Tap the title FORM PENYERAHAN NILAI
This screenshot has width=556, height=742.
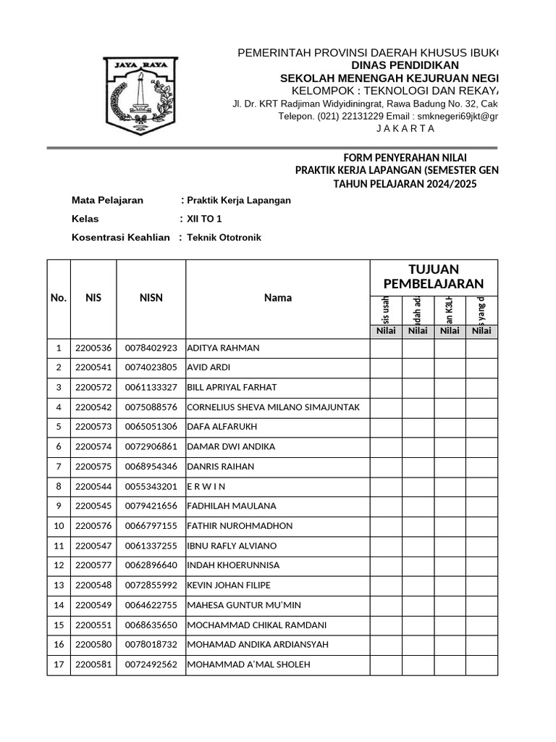coord(405,157)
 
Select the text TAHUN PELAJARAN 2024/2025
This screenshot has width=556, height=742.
coord(405,184)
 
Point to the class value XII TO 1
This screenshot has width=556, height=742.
coord(204,218)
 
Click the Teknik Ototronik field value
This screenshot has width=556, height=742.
coord(224,237)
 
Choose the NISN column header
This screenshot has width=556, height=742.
coord(151,297)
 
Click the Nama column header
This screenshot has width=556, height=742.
coord(278,297)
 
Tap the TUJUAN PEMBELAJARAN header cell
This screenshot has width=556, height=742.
coord(433,276)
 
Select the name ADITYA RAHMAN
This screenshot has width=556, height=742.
coord(223,348)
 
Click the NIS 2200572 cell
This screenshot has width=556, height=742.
coord(93,387)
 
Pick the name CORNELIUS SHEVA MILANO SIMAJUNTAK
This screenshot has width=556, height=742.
coord(273,407)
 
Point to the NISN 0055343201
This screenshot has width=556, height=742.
coord(151,486)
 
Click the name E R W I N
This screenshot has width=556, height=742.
coord(206,486)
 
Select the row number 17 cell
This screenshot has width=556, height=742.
coord(59,664)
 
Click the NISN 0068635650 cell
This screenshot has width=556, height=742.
coord(151,625)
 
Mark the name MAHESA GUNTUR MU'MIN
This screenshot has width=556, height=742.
coord(244,605)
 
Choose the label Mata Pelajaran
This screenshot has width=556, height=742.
coord(107,200)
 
